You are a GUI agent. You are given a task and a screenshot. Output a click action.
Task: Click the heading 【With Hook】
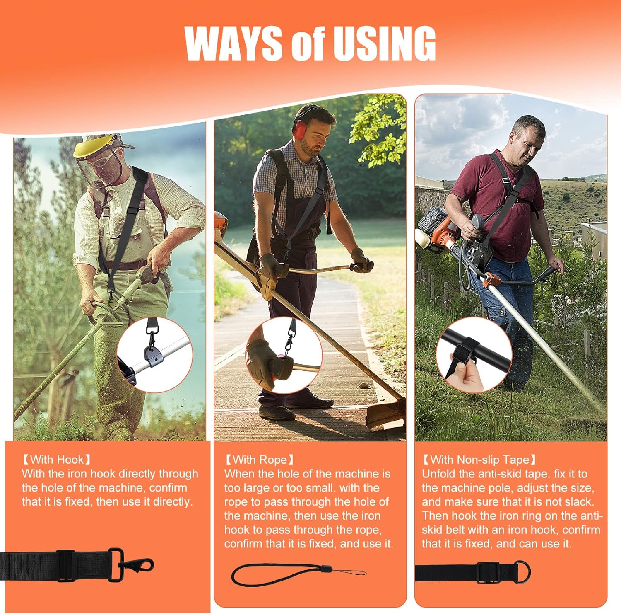(x=56, y=459)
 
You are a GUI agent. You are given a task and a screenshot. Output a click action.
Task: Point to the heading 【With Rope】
(x=259, y=459)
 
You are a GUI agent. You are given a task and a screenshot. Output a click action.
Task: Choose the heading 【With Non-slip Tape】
(x=479, y=459)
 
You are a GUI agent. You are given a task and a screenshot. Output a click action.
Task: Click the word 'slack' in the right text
(x=578, y=501)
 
